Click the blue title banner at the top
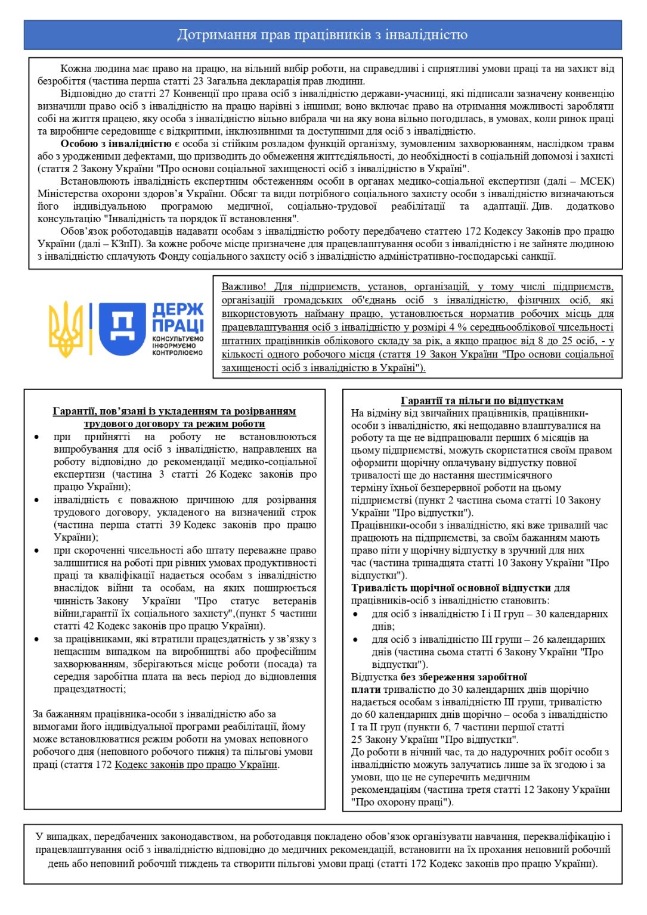(x=323, y=35)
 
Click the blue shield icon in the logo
(x=122, y=328)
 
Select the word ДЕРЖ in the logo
(x=178, y=310)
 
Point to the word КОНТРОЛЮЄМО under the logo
(x=177, y=353)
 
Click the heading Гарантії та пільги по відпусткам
(x=482, y=401)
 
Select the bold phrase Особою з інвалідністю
(x=116, y=144)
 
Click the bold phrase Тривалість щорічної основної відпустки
(x=451, y=588)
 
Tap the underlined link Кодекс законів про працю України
(x=196, y=764)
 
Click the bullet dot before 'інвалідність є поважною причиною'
(x=37, y=500)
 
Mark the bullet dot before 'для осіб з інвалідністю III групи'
(x=355, y=639)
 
